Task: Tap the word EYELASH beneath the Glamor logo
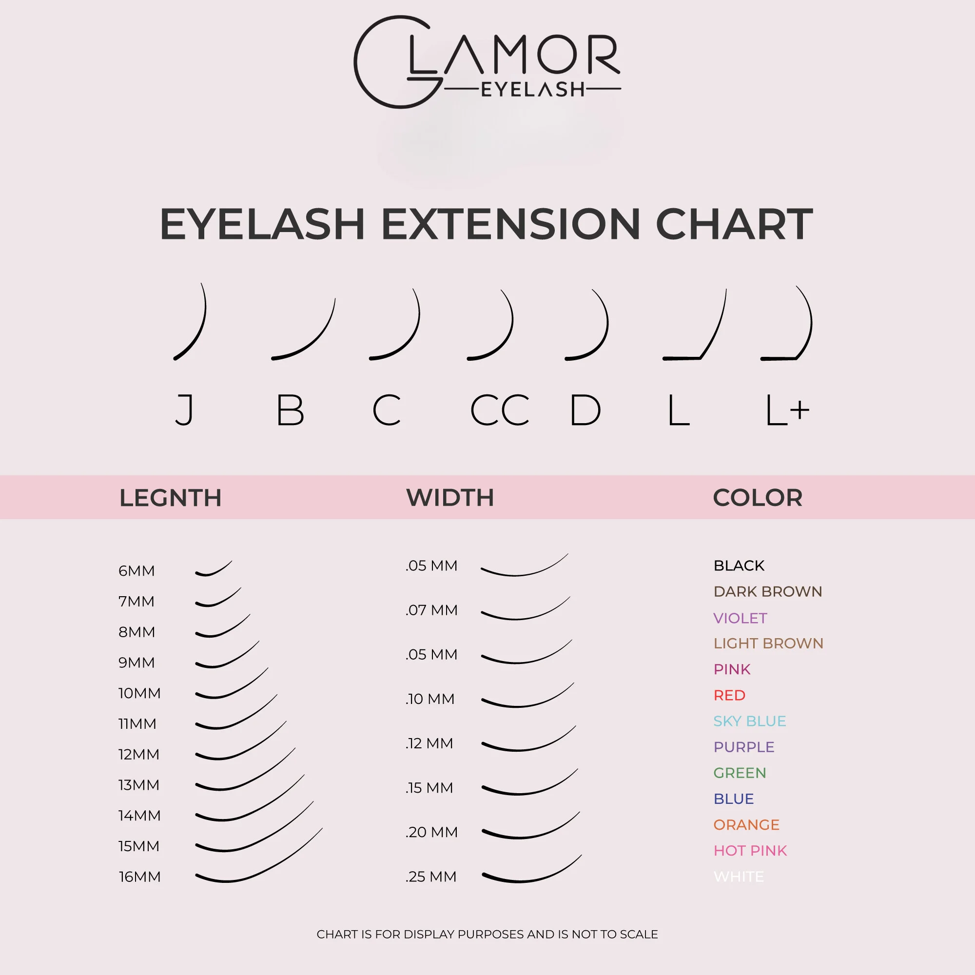pos(533,90)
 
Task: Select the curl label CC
pos(500,410)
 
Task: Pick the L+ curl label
pos(787,410)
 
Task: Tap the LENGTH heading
pos(171,498)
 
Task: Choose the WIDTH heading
pos(450,498)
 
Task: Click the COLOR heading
pos(758,498)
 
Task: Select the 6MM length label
pos(136,571)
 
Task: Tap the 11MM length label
pos(137,723)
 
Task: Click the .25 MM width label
pos(431,877)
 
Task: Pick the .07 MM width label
pos(431,610)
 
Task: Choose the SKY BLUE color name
pos(749,721)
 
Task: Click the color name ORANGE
pos(746,825)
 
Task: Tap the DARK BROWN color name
pos(768,591)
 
